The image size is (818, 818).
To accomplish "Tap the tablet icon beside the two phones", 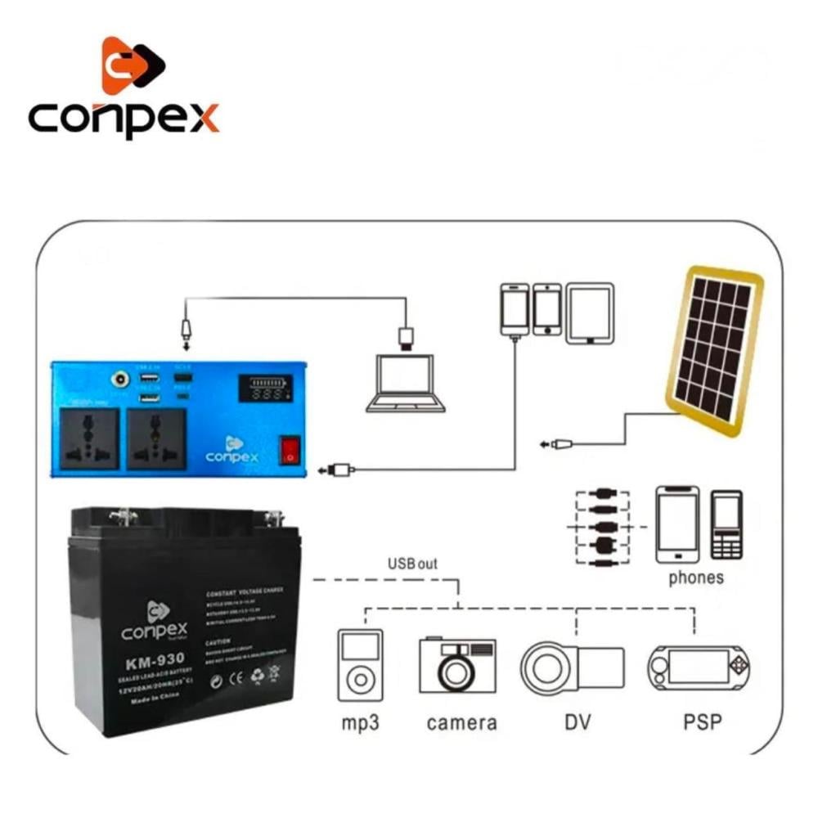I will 589,312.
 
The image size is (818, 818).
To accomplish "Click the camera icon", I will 457,664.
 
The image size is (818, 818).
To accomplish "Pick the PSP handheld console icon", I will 698,664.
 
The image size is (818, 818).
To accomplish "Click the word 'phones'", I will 696,578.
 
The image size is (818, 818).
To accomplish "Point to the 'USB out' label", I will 412,564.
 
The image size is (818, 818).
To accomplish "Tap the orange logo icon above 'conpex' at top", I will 131,65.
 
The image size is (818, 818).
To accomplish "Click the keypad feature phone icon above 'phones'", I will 726,525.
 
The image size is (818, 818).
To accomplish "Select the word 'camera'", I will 461,722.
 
